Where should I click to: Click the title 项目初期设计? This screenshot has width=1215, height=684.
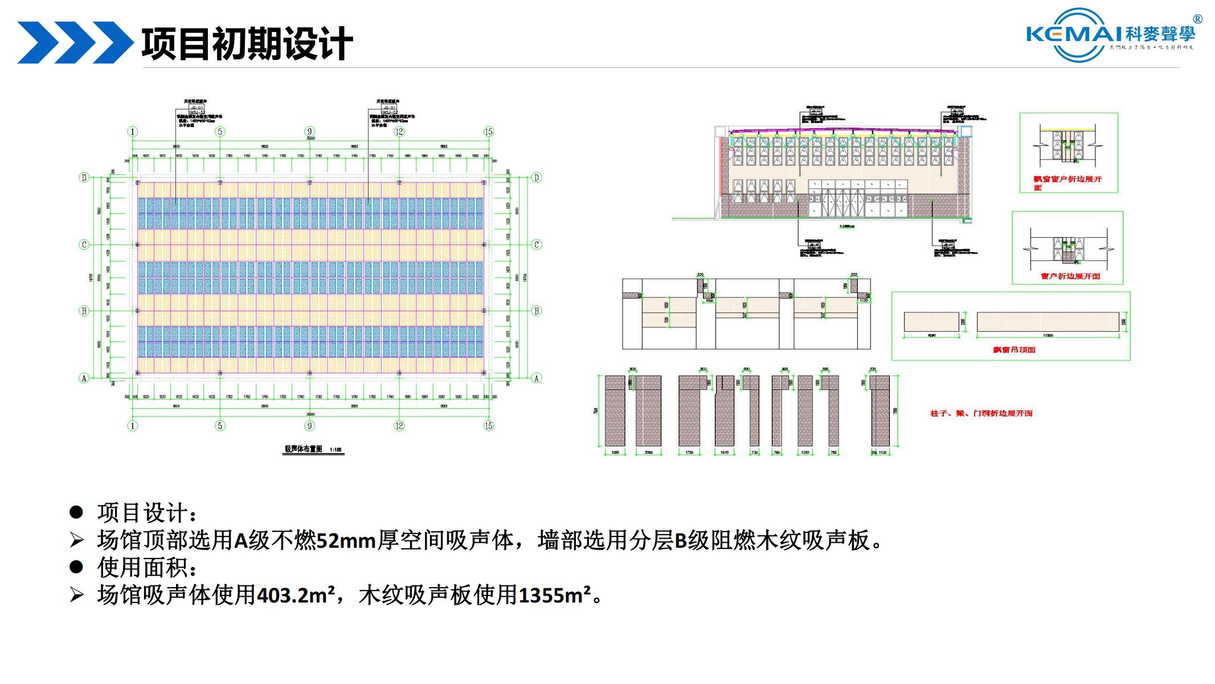click(x=247, y=43)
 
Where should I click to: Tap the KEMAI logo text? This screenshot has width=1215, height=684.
click(x=1074, y=34)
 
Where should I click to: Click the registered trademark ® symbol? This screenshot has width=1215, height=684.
click(x=1198, y=19)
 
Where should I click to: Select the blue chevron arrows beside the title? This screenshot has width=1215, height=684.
click(x=74, y=43)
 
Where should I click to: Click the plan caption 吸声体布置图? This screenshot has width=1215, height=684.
click(x=304, y=449)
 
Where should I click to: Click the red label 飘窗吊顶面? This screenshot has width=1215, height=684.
click(x=1014, y=349)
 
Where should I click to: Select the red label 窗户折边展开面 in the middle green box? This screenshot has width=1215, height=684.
click(x=1070, y=276)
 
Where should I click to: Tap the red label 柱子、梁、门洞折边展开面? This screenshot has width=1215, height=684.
click(x=981, y=413)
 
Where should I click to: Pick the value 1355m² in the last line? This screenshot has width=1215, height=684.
click(x=554, y=595)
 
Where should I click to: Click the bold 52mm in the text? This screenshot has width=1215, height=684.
click(x=346, y=540)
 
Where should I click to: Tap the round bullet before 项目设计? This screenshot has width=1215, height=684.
click(x=76, y=512)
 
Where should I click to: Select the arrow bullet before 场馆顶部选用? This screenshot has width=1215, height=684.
click(x=76, y=540)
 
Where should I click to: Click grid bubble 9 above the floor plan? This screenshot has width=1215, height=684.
click(x=310, y=132)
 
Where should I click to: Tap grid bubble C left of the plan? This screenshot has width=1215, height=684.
click(x=84, y=245)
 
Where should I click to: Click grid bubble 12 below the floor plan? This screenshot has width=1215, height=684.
click(x=399, y=426)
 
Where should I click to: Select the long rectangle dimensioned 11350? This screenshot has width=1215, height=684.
click(x=1048, y=321)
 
